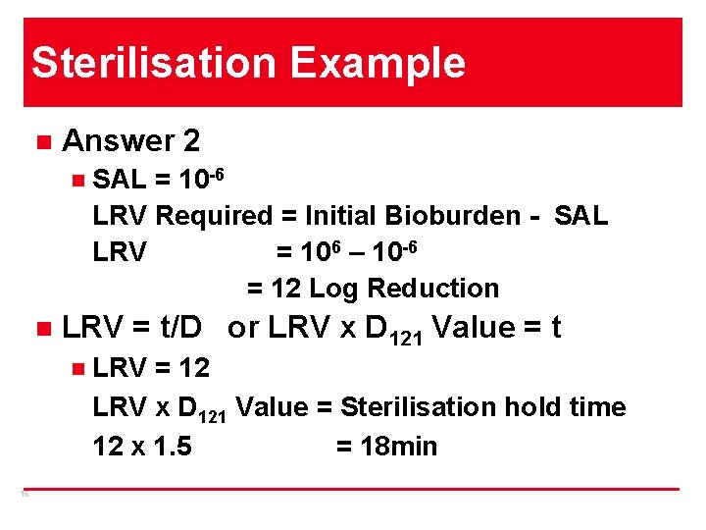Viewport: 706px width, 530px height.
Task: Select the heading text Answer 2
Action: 130,141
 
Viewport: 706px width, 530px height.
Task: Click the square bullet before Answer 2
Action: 40,141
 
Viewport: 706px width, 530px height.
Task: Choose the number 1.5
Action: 171,447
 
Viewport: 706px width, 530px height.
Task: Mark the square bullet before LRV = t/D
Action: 40,328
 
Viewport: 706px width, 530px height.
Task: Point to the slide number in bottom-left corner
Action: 25,495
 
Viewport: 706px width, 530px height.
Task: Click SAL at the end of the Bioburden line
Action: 580,215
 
